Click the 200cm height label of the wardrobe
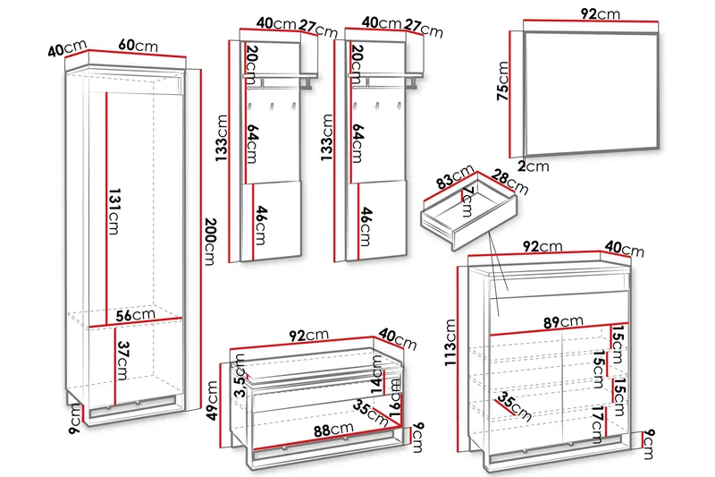(x=210, y=242)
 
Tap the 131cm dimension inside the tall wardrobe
(x=114, y=211)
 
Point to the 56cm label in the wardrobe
(x=136, y=315)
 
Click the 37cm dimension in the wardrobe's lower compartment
(x=122, y=361)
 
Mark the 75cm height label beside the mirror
(x=502, y=81)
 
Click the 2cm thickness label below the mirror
(x=534, y=166)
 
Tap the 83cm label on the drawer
(x=455, y=176)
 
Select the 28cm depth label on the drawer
(x=509, y=183)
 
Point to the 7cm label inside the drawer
(x=467, y=201)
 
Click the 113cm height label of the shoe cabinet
(x=450, y=343)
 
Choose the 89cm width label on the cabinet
(x=563, y=322)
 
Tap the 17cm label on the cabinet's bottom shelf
(x=597, y=425)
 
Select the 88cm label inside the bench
(x=333, y=430)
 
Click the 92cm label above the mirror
(x=601, y=14)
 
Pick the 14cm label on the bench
(x=377, y=374)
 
